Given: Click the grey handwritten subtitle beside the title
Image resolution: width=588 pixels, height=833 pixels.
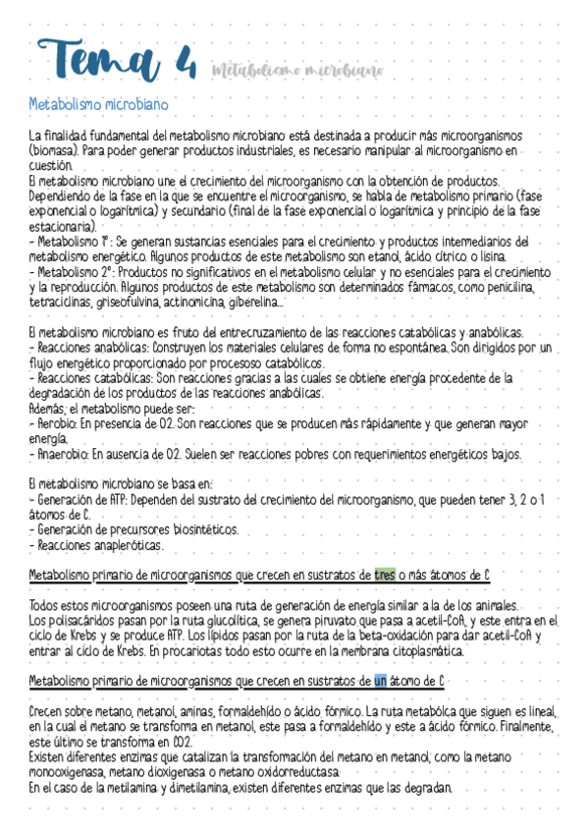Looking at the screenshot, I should [x=294, y=70].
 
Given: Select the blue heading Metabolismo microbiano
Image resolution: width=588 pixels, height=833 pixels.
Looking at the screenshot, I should [x=99, y=103].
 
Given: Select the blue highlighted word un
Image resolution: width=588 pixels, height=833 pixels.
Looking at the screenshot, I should [x=382, y=680].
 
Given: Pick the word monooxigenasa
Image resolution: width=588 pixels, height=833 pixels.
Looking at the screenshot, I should [x=66, y=772].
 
